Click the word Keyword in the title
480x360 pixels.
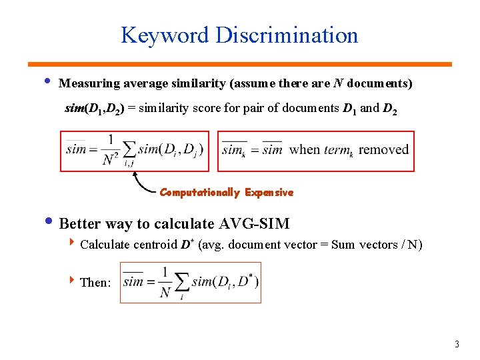coord(164,35)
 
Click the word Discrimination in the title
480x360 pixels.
coord(287,35)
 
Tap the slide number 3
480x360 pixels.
coord(457,345)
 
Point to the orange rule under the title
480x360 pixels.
coord(239,64)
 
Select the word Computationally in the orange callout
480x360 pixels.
coord(199,193)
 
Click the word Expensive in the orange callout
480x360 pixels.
coord(269,193)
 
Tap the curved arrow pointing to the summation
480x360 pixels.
coord(141,183)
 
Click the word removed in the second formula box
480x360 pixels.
coord(383,149)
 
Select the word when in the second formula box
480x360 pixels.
coord(305,149)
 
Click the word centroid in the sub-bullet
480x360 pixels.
coord(155,245)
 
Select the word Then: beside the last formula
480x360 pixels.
coord(95,283)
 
